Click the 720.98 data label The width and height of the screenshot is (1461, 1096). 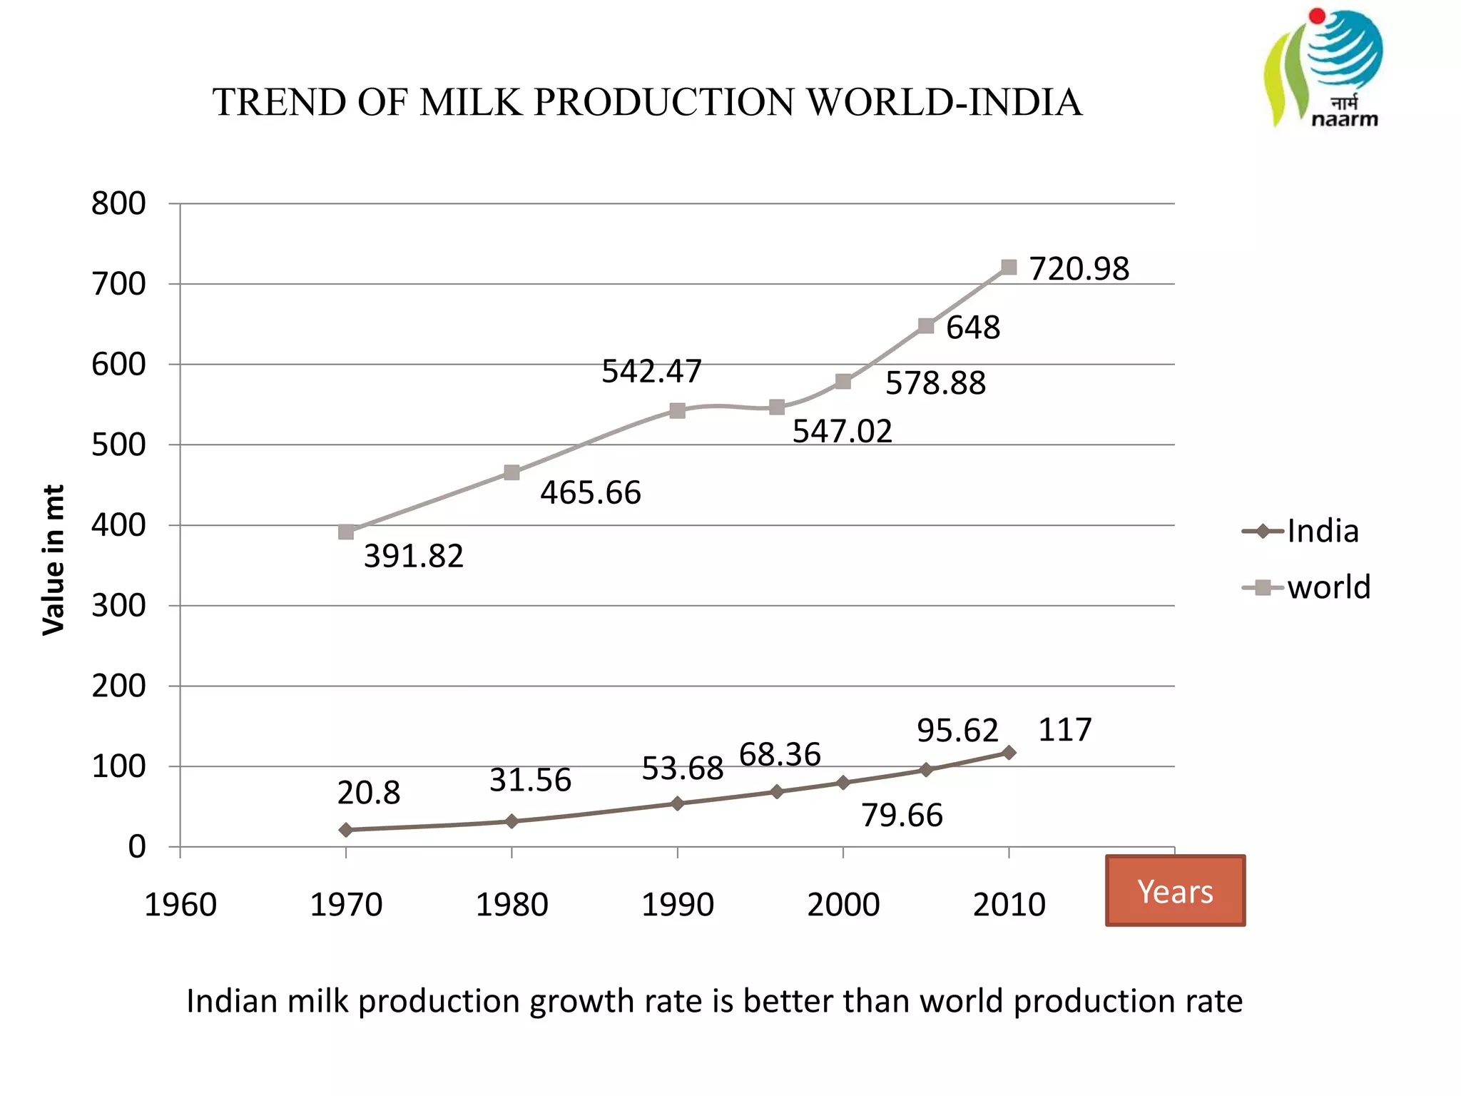tap(1079, 269)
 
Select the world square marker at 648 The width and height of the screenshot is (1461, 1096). tap(926, 326)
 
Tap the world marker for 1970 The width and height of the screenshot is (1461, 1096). tap(346, 532)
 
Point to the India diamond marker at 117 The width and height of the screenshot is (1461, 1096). tap(1009, 753)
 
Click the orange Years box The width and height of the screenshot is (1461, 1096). tap(1175, 890)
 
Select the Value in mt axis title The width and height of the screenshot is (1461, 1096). tap(54, 559)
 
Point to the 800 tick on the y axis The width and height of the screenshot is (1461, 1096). tap(118, 204)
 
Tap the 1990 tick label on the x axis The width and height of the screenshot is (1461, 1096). tap(677, 905)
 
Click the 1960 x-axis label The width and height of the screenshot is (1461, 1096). tap(180, 905)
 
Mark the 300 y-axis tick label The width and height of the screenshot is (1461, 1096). tap(118, 606)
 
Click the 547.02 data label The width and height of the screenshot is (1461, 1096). tap(842, 431)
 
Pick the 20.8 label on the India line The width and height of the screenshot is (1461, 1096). tap(368, 793)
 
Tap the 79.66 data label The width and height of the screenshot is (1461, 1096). tap(902, 815)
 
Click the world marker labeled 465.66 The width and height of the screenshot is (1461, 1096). tap(511, 472)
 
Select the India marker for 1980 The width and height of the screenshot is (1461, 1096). tap(511, 821)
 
